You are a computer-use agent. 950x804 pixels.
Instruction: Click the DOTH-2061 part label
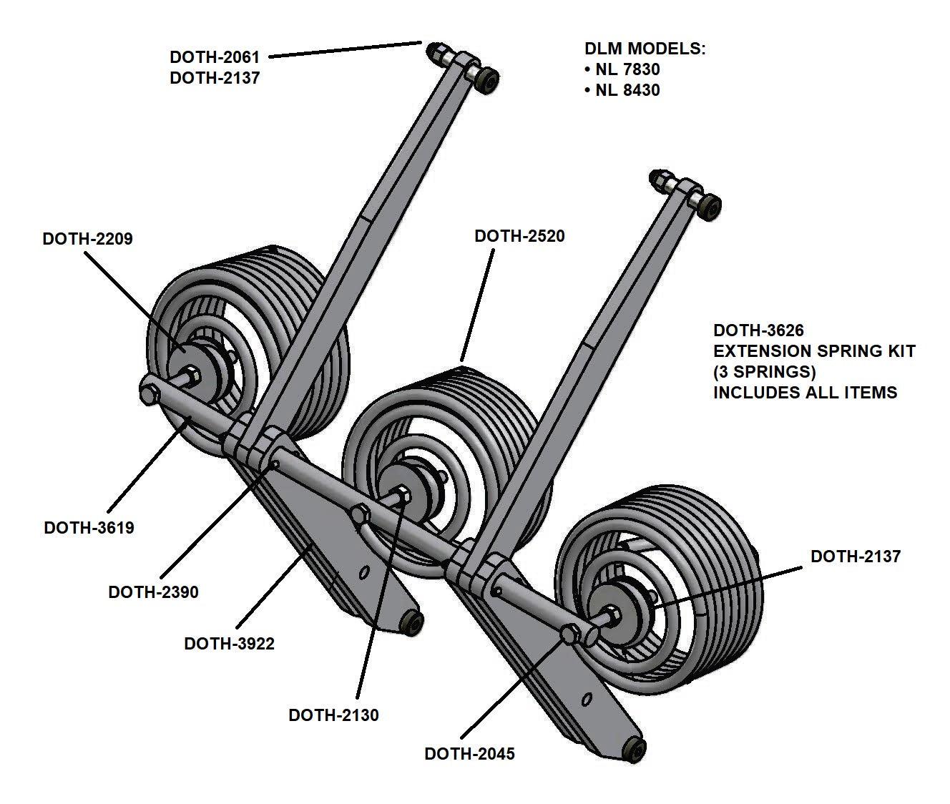tap(214, 57)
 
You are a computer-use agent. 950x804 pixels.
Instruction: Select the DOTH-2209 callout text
tap(87, 239)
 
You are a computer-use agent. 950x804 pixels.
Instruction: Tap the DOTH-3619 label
tap(89, 528)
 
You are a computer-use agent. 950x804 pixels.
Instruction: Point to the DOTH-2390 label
tap(153, 592)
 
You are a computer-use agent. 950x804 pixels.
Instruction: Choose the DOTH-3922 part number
tap(229, 644)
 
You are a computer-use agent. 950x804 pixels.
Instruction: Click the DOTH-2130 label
tap(333, 715)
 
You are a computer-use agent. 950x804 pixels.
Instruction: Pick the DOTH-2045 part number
tap(469, 754)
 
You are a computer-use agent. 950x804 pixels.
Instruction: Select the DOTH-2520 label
tap(519, 236)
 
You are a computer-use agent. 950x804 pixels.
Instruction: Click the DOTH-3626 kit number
tap(758, 330)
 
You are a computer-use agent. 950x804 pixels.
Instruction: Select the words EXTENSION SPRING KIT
tap(814, 351)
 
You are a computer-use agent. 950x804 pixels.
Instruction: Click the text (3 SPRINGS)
tap(764, 372)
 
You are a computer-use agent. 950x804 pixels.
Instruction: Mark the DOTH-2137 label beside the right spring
tap(855, 557)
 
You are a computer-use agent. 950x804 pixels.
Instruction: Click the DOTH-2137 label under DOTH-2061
tap(214, 78)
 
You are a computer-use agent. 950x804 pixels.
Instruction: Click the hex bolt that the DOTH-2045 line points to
tap(571, 634)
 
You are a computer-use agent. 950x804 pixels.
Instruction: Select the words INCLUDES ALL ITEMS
tap(805, 393)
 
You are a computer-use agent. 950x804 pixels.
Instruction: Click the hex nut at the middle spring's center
tap(402, 494)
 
